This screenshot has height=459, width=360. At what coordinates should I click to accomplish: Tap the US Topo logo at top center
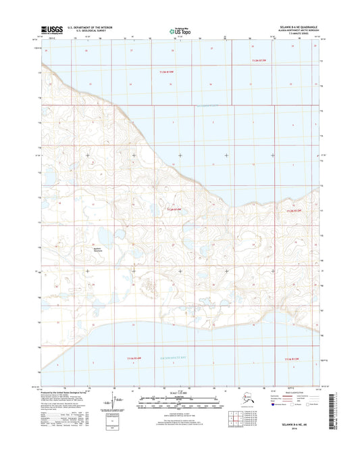179,29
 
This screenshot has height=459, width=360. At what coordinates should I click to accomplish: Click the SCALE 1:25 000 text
180,393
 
